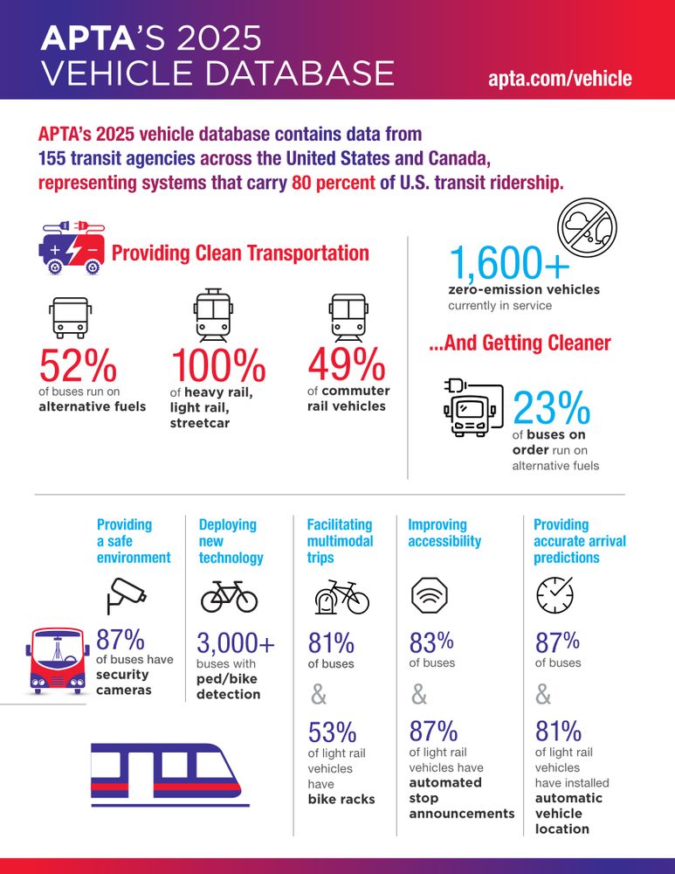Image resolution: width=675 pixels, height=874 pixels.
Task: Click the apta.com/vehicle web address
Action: [x=560, y=78]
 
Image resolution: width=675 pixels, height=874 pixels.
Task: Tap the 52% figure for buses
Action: [x=78, y=365]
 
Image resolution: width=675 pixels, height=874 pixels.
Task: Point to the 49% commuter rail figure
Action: [x=346, y=365]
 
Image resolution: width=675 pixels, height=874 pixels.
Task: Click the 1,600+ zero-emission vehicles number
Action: [x=509, y=262]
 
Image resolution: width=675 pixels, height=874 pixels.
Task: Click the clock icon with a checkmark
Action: [x=555, y=594]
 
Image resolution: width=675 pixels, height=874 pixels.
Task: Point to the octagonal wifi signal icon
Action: [x=430, y=594]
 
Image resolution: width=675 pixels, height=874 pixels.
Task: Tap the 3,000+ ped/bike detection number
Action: [x=236, y=645]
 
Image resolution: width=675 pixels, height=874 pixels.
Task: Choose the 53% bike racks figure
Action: [x=332, y=732]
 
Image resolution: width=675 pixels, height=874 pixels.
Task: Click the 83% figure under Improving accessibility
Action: [x=431, y=643]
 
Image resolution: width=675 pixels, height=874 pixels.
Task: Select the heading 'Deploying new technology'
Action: [x=231, y=541]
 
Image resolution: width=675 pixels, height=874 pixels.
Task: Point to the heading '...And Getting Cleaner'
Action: [x=519, y=343]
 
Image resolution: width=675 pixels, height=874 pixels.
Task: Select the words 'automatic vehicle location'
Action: [x=568, y=813]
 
